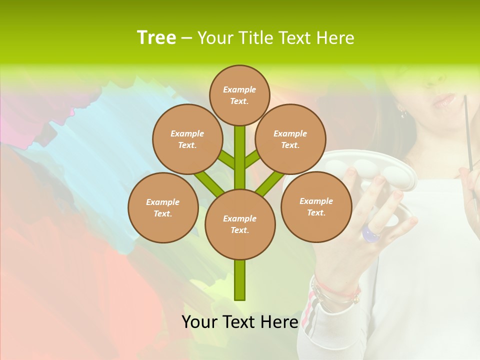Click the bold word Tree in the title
click(x=156, y=37)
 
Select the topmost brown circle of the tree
click(x=239, y=95)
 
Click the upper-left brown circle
click(x=187, y=139)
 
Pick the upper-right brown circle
click(x=290, y=139)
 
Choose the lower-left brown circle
click(x=163, y=207)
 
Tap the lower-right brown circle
click(x=316, y=206)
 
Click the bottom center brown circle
click(x=240, y=224)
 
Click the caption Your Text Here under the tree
click(x=239, y=322)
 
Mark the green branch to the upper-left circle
click(x=226, y=160)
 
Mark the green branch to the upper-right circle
click(x=252, y=159)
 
